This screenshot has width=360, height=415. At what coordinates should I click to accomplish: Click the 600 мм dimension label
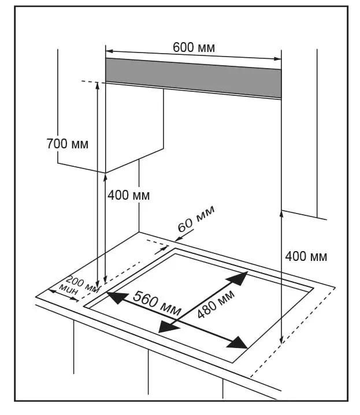pos(194,48)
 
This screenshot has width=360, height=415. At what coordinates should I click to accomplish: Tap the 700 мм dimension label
pos(68,144)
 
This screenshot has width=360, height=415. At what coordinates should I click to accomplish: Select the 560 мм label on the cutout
pos(157,301)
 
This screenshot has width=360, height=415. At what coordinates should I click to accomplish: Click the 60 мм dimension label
pos(196,219)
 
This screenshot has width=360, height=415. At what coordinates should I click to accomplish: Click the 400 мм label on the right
pos(306,256)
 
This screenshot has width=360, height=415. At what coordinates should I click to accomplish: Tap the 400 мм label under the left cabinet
pos(128,196)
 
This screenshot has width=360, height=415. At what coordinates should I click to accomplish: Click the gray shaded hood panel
pos(193,77)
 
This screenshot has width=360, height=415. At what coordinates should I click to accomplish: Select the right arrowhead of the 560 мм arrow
pos(239,342)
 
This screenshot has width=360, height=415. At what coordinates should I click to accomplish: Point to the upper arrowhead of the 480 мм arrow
pos(239,278)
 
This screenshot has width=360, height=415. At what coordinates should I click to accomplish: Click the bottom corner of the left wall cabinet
pos(105,172)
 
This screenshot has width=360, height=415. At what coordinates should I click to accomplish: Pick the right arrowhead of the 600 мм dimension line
pos(277,58)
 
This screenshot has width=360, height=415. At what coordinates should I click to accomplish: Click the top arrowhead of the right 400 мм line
pos(281,214)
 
